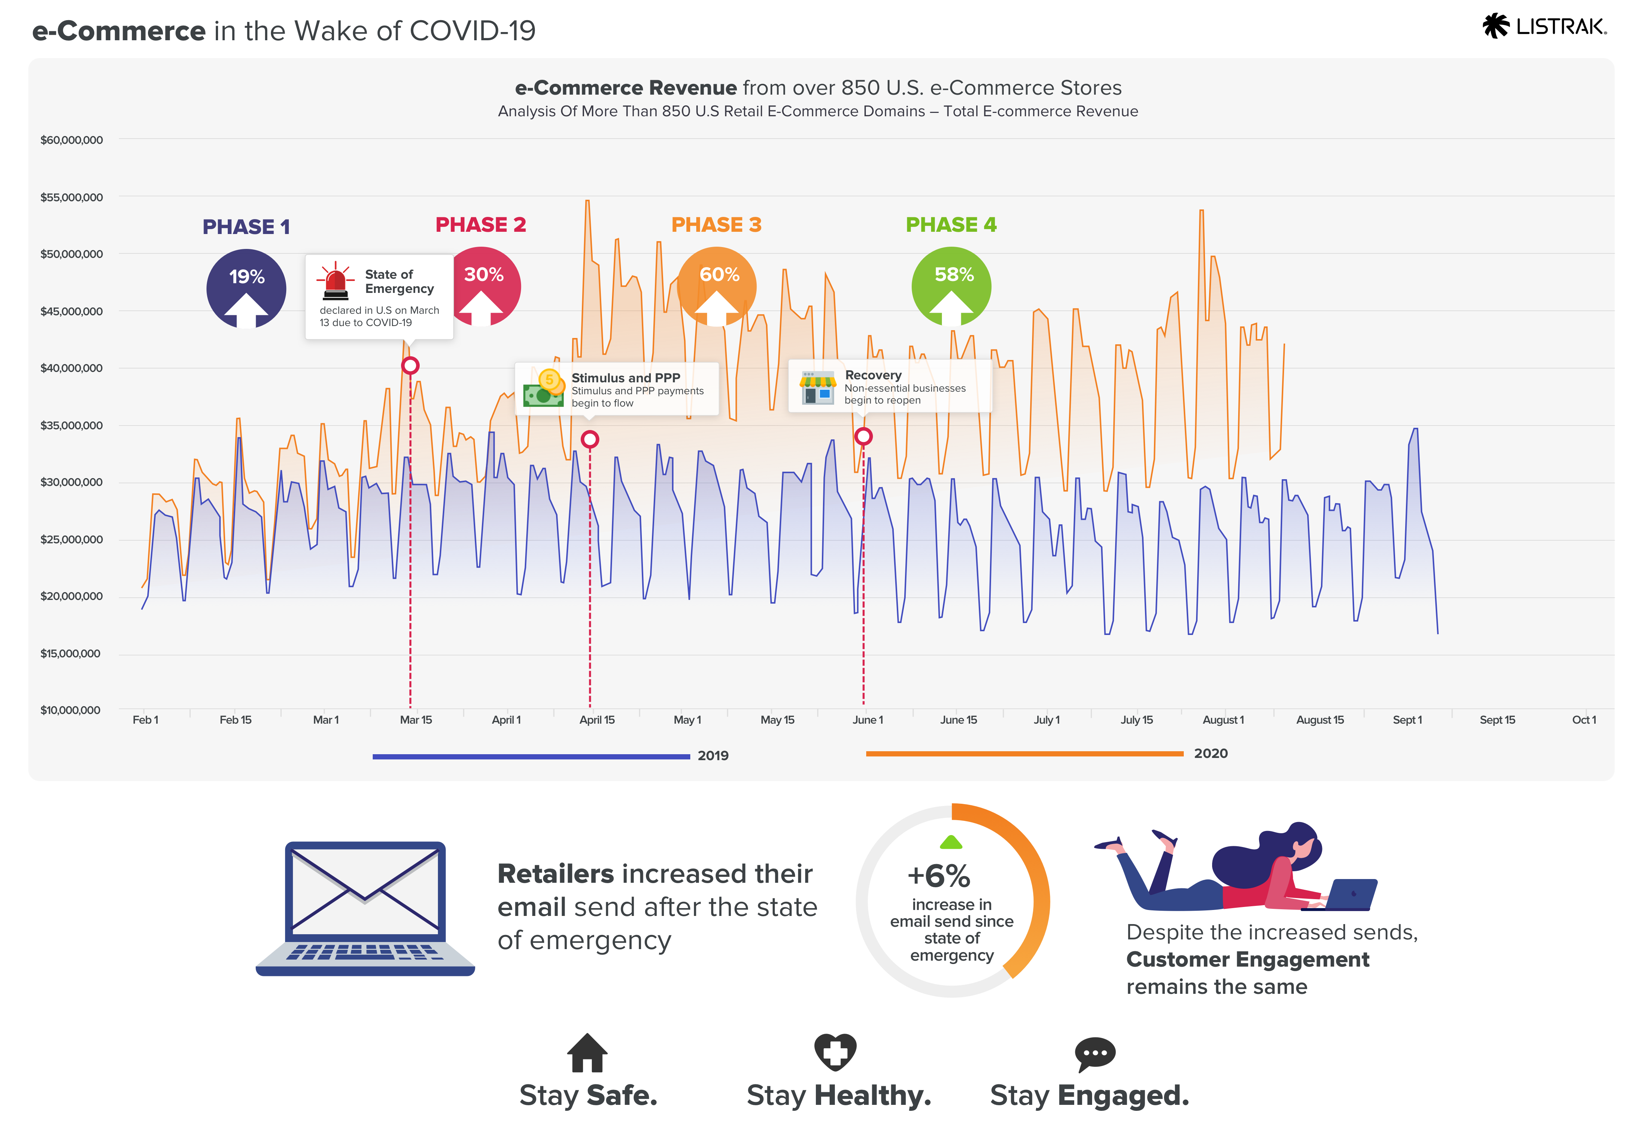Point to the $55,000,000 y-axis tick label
[x=71, y=197]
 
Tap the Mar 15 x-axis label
[x=416, y=720]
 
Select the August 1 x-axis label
[x=1223, y=720]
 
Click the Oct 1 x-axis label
[x=1584, y=720]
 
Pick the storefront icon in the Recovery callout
[x=817, y=387]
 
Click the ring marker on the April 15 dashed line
[x=590, y=439]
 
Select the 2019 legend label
[x=713, y=755]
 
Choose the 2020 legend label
[x=1211, y=753]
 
